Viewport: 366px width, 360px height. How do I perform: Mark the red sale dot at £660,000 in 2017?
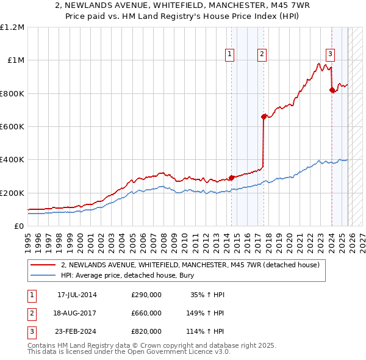click(264, 117)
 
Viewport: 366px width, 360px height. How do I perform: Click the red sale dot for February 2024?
click(332, 90)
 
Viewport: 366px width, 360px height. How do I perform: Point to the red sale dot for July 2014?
click(231, 178)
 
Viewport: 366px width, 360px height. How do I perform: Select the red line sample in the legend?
click(43, 265)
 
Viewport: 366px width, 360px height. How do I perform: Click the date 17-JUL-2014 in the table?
click(77, 295)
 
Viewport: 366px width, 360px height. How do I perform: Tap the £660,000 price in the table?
click(146, 313)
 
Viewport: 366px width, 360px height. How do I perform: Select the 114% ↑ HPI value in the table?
click(206, 331)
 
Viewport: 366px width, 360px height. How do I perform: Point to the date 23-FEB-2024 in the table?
click(77, 331)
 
